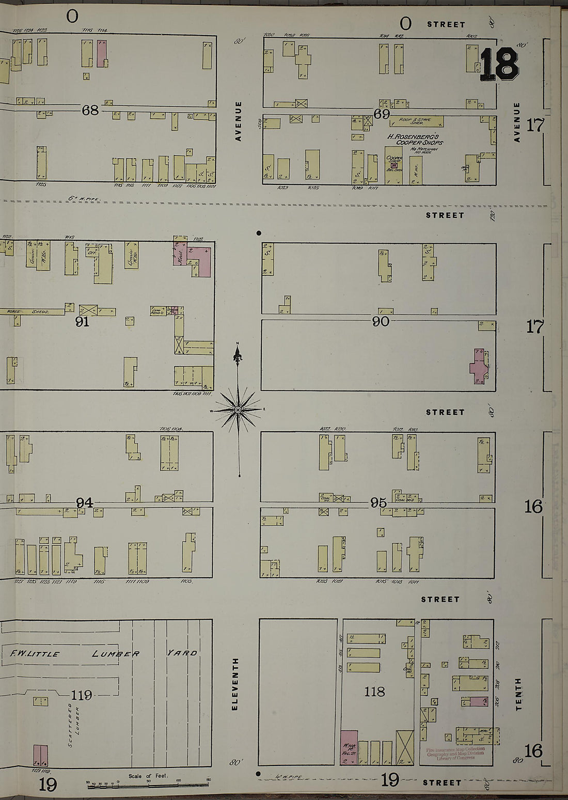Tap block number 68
[x=90, y=110]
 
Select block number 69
[x=382, y=114]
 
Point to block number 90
[x=381, y=322]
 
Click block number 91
[x=82, y=322]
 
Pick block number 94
[x=85, y=503]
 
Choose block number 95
[x=378, y=503]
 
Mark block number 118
[x=374, y=692]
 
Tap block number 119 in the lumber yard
[x=82, y=695]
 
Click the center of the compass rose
[x=238, y=410]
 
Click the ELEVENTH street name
[x=235, y=684]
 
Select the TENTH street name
[x=518, y=694]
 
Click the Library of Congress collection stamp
[x=455, y=753]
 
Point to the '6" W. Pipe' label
[x=84, y=198]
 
